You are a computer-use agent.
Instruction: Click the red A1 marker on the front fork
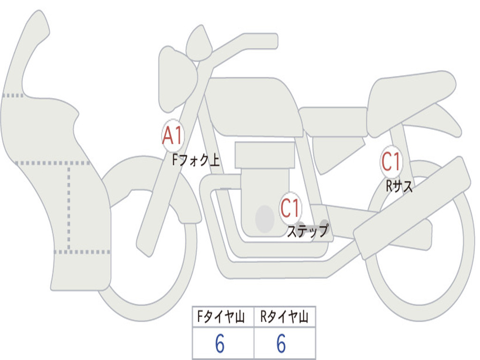[x=173, y=135]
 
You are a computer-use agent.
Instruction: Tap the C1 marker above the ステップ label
[x=290, y=208]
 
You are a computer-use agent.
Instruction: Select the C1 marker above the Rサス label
[x=391, y=161]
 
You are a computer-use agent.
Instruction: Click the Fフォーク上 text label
[x=196, y=160]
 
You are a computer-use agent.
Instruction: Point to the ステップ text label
[x=307, y=231]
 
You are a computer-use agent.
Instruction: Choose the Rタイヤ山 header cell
[x=285, y=317]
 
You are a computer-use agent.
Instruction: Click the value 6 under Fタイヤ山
[x=220, y=343]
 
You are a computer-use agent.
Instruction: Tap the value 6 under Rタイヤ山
[x=281, y=343]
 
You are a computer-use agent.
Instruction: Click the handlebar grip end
[x=272, y=41]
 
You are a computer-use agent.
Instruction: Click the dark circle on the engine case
[x=265, y=218]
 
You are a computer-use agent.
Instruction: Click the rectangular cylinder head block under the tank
[x=264, y=155]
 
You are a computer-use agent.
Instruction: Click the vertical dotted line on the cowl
[x=69, y=208]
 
